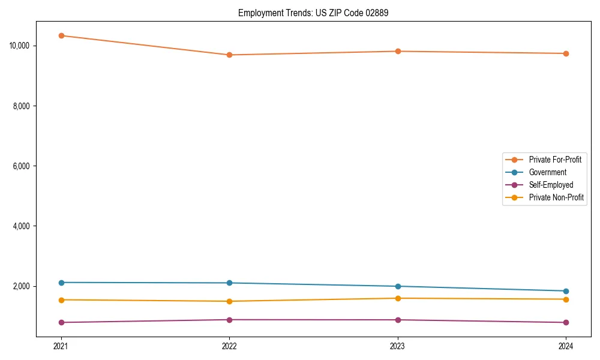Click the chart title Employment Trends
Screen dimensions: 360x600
(x=313, y=13)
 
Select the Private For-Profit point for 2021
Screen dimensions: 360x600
(x=61, y=35)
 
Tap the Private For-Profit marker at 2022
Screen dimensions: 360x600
(x=229, y=55)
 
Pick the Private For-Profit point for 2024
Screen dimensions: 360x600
(x=566, y=53)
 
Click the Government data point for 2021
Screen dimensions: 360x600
(x=61, y=283)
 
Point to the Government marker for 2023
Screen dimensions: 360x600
(x=398, y=286)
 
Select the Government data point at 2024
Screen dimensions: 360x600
(x=566, y=291)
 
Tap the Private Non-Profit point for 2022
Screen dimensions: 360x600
(x=229, y=301)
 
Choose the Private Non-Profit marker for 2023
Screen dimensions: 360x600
(x=398, y=298)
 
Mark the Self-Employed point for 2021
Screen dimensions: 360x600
(x=61, y=322)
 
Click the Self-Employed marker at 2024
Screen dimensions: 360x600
(x=566, y=322)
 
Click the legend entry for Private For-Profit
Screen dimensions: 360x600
(x=555, y=160)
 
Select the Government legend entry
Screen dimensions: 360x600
(x=547, y=172)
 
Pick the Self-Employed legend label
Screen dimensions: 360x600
(x=551, y=185)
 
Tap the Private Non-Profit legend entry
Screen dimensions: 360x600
(x=556, y=197)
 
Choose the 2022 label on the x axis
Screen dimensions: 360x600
(x=229, y=346)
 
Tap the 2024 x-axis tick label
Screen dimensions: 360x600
(x=566, y=346)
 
